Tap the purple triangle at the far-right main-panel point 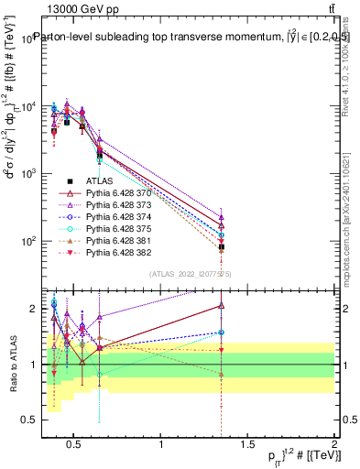click(222, 218)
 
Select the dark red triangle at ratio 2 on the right click(222, 306)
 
